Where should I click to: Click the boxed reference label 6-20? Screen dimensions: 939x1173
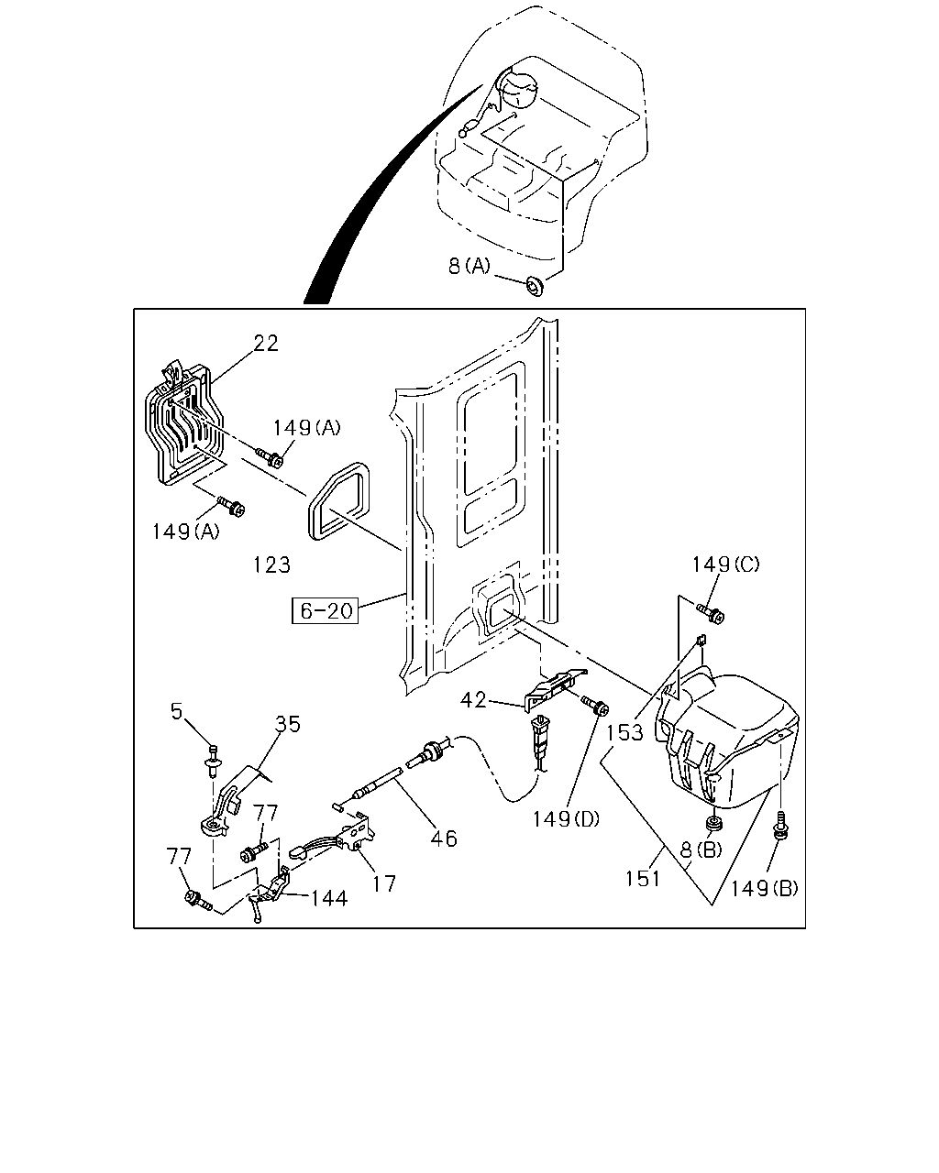click(325, 610)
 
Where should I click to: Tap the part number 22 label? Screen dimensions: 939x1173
click(266, 343)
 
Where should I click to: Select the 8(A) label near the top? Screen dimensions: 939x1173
click(469, 266)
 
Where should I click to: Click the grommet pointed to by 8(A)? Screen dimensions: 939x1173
click(535, 286)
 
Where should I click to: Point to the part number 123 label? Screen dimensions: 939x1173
click(271, 565)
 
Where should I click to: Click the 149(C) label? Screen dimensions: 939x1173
click(725, 565)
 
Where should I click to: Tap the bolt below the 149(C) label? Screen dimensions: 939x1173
click(711, 612)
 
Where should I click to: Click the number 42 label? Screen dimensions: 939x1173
click(473, 700)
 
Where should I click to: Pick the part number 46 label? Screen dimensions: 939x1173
click(444, 839)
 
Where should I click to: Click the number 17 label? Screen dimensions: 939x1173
click(383, 883)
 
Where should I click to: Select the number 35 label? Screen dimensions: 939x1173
click(288, 724)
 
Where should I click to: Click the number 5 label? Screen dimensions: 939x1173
click(176, 711)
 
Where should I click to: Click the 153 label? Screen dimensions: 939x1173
click(624, 732)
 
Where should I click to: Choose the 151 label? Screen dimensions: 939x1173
click(642, 878)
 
